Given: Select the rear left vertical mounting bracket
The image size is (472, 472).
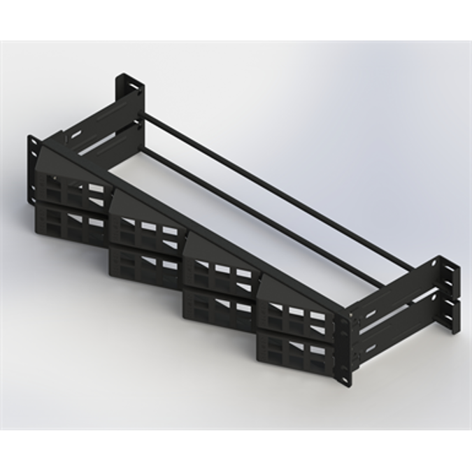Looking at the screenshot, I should tap(129, 98).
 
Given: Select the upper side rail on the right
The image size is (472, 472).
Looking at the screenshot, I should tap(392, 294).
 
